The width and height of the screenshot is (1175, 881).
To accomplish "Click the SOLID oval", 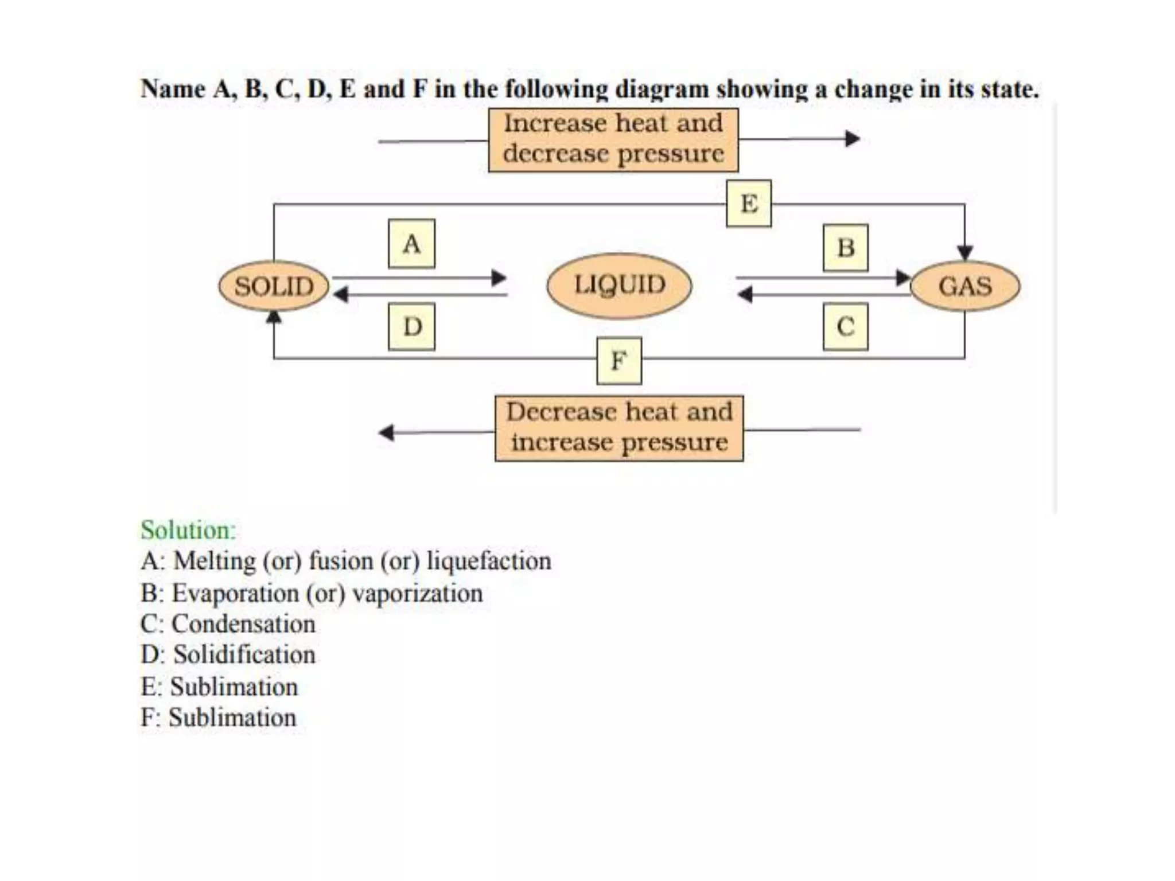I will [274, 286].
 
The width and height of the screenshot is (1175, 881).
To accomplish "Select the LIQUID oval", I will [619, 285].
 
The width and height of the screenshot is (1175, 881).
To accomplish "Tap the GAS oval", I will [965, 286].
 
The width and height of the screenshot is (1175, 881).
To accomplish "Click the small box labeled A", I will [411, 244].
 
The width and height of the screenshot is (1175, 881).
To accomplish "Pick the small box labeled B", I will [845, 248].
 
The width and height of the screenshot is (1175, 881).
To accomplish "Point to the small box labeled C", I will [845, 327].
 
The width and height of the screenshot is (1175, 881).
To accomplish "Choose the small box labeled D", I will [411, 327].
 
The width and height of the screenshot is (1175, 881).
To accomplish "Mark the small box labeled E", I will [749, 204].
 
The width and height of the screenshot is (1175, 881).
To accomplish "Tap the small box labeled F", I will [619, 361].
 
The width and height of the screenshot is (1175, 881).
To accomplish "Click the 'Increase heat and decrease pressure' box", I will [613, 139].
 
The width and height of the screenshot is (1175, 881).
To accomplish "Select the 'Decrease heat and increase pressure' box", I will [619, 428].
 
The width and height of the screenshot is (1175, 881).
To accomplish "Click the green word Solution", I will [188, 530].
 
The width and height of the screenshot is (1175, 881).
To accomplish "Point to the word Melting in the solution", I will [215, 561].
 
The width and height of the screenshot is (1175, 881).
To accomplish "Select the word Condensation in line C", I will [243, 624].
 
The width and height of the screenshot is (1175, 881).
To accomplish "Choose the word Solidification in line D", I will [244, 655].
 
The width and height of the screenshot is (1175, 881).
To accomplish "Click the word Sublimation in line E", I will [234, 687].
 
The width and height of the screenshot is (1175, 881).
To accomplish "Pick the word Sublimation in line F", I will [232, 718].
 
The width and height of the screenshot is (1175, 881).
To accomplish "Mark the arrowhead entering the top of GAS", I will [965, 253].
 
